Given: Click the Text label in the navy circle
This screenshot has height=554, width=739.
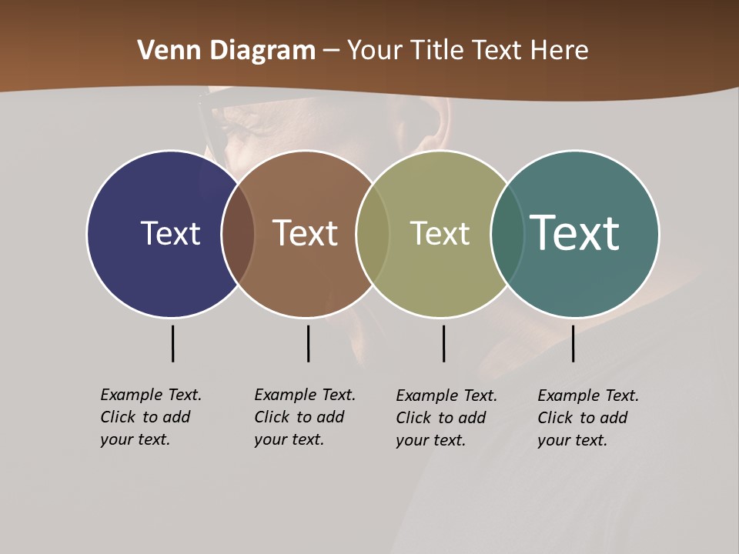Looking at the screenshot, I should pos(170,233).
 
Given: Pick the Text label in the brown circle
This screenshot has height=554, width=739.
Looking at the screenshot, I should pos(305,233).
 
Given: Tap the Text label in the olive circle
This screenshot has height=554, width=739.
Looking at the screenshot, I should pos(440,233).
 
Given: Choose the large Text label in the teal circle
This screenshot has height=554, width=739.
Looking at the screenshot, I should pos(575,232).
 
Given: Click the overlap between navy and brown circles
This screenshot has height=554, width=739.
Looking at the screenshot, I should pos(238,233).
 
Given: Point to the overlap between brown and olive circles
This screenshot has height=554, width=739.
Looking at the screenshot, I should pos(373,233).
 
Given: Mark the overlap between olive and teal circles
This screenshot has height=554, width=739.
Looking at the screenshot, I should pos(507,233).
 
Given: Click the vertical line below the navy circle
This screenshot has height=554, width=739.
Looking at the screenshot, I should pos(172,343).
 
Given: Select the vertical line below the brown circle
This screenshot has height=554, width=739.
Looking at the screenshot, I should pos(308,343).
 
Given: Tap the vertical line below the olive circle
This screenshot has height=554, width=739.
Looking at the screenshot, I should pos(443,343).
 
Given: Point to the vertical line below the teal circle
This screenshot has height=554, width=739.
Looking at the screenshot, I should pos(573,343).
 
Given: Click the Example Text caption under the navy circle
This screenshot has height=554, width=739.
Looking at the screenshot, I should pos(150,417).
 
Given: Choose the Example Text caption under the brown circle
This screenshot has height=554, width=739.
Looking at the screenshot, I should pos(304,417).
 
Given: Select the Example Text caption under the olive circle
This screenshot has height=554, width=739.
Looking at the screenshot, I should pos(446,418).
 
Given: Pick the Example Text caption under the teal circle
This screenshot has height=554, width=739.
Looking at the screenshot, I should pos(587,418).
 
